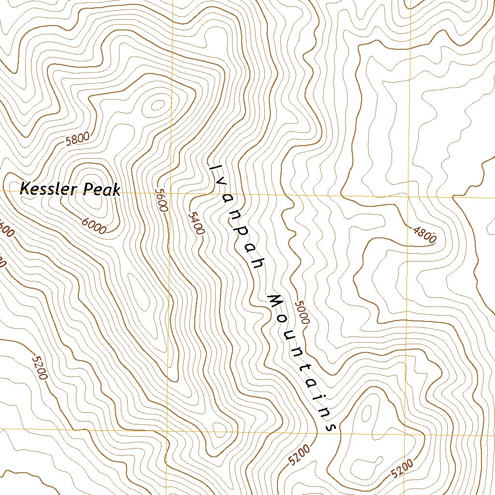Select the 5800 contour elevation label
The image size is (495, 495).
77,139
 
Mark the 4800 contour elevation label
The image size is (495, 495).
425,234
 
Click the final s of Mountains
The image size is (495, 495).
331,427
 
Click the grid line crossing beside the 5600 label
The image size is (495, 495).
171,192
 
